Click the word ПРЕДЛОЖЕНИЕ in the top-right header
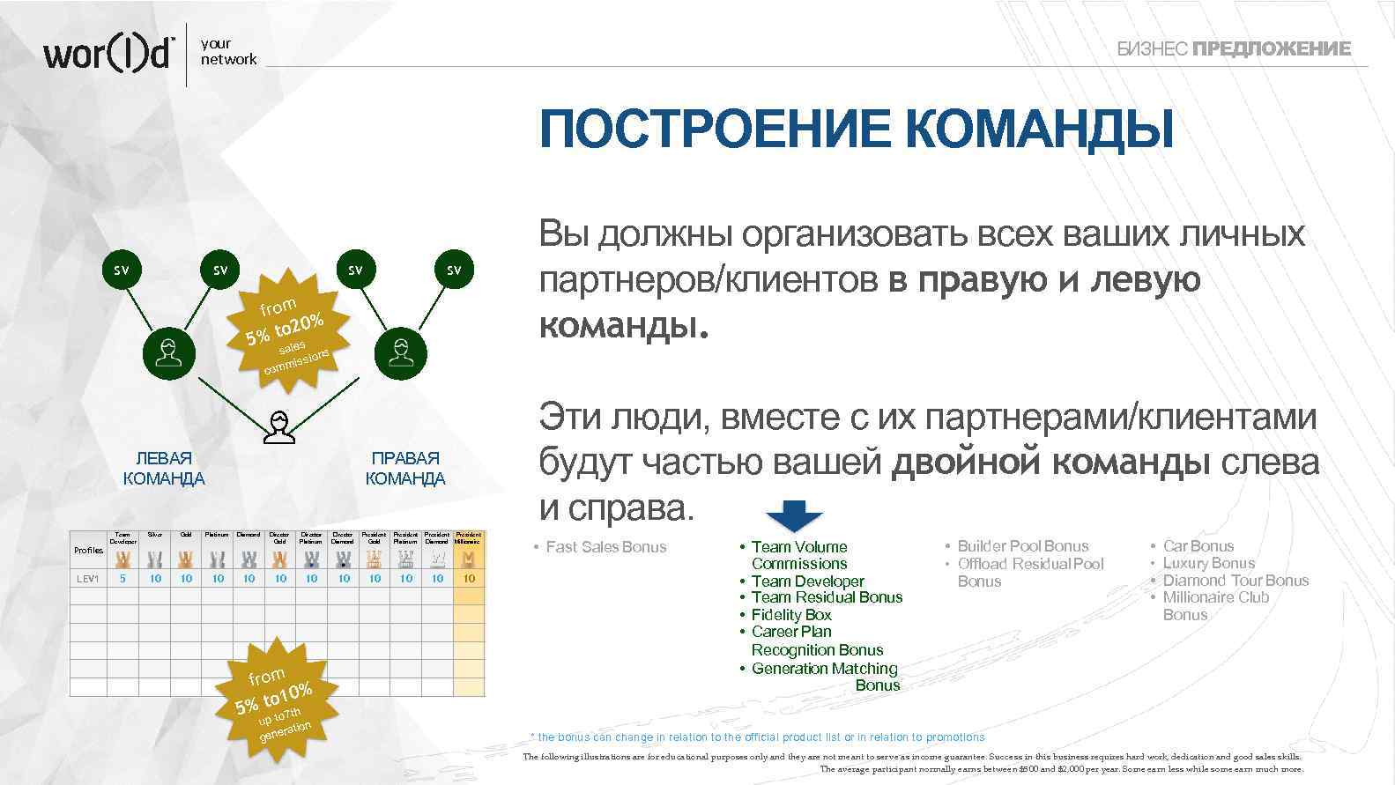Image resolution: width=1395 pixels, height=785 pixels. pos(1271,49)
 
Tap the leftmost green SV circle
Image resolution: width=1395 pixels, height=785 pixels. pos(121,270)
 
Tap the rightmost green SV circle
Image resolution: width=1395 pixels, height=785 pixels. pos(454,270)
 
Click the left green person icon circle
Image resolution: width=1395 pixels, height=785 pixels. pos(169,353)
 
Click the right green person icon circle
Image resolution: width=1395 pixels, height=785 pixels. pos(401,353)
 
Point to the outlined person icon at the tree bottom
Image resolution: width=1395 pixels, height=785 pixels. pos(279,427)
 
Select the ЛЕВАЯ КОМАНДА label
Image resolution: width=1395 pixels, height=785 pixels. pos(164,469)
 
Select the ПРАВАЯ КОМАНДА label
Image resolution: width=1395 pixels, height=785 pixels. pos(405,469)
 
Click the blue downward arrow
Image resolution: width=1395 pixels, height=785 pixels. pos(795,516)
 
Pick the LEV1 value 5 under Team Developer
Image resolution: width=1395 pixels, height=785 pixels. pos(122,579)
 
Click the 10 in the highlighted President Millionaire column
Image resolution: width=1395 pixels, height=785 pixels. pos(469,579)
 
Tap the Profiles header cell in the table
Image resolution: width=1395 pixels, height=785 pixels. pos(88,551)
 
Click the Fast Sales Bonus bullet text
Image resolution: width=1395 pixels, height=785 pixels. pos(605,547)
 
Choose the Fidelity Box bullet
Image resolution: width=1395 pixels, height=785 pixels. pos(790,615)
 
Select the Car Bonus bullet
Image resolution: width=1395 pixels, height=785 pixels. pos(1198,546)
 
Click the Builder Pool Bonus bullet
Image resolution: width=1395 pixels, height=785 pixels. pos(1022,546)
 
